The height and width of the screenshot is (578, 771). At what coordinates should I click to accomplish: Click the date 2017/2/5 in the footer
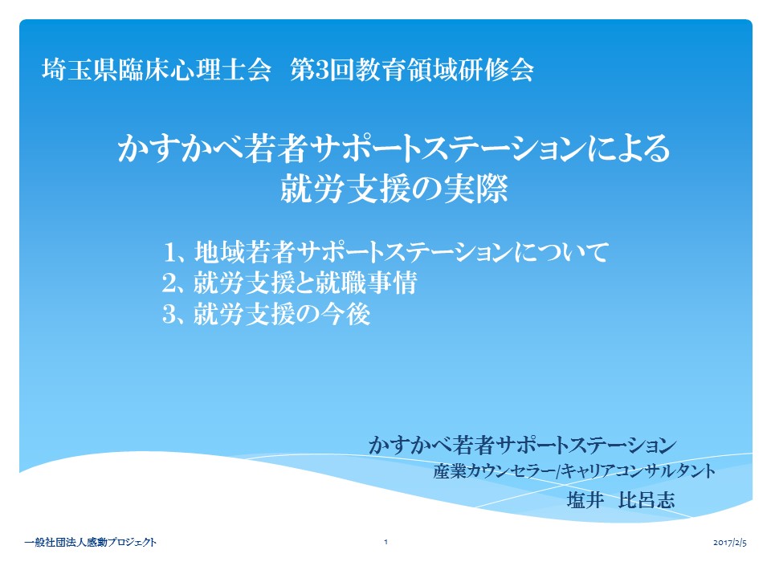[x=730, y=543]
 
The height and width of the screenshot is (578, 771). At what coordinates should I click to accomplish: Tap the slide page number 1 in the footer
[x=386, y=542]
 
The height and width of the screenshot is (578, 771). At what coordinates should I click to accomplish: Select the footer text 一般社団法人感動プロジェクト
[x=91, y=542]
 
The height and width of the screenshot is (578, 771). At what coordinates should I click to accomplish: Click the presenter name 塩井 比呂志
[x=621, y=500]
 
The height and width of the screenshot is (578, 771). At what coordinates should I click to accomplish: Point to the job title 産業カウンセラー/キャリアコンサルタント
[x=574, y=471]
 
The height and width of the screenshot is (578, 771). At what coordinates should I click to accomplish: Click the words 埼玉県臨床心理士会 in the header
[x=157, y=69]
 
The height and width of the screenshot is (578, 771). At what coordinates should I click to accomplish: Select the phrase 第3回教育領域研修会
[x=412, y=69]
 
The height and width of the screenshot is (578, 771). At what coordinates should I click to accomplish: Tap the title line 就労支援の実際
[x=394, y=189]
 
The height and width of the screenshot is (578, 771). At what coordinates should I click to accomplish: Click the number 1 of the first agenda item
[x=169, y=253]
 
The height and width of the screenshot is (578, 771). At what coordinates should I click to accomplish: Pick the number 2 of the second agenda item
[x=169, y=283]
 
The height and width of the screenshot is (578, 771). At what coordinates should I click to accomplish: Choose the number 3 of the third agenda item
[x=169, y=314]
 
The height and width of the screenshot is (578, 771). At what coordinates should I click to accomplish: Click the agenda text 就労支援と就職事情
[x=305, y=283]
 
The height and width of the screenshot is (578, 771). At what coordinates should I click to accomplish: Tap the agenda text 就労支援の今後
[x=282, y=314]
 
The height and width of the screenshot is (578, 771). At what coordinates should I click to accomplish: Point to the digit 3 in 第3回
[x=322, y=70]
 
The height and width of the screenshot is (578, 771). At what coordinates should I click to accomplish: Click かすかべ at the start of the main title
[x=180, y=149]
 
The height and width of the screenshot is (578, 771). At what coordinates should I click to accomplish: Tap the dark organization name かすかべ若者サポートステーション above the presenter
[x=522, y=445]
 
